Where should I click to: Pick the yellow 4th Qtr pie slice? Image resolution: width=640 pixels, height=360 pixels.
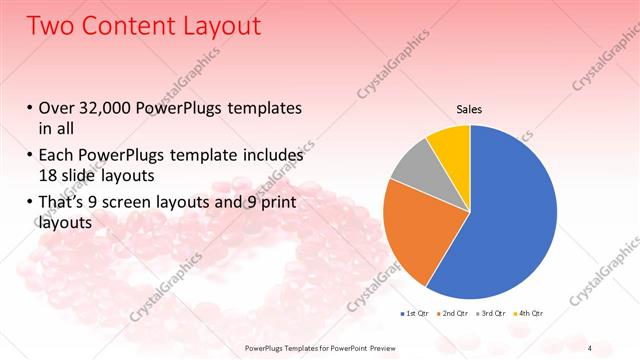point(450,145)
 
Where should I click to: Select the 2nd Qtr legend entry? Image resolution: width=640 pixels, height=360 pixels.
point(455,314)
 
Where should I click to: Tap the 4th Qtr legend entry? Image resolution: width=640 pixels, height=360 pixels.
point(531,314)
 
